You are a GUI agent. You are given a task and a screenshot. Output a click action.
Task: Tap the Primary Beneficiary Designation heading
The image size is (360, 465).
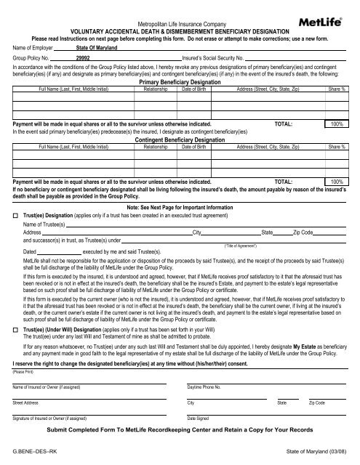pos(179,83)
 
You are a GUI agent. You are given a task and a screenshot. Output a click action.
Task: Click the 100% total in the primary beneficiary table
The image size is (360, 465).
pos(337,124)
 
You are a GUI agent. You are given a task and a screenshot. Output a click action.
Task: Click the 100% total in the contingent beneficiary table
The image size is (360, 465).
pos(337,181)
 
